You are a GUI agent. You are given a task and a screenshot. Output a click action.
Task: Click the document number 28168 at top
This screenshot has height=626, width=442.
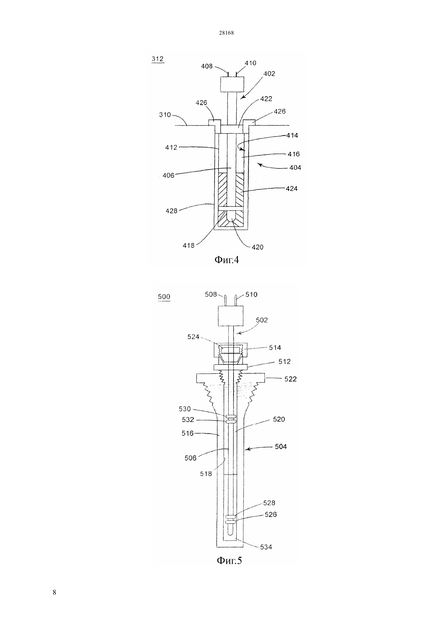click(226, 33)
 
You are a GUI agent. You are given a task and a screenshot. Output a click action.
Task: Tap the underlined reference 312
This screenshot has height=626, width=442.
click(158, 59)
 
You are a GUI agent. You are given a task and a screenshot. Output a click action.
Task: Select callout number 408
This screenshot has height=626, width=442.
click(207, 66)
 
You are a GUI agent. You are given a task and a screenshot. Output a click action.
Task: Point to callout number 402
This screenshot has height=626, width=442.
click(269, 74)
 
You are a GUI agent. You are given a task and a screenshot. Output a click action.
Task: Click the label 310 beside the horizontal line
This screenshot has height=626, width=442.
click(165, 115)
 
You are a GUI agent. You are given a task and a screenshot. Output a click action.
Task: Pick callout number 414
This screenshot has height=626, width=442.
click(292, 135)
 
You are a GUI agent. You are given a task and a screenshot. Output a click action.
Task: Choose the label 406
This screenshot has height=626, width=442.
click(168, 175)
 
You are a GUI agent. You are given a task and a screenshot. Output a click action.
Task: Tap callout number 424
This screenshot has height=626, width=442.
click(292, 189)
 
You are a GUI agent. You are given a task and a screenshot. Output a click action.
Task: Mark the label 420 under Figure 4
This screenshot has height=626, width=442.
click(257, 247)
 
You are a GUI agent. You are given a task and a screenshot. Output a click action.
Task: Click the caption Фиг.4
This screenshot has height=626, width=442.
click(227, 260)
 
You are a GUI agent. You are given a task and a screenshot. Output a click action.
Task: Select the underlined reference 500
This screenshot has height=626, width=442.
click(164, 297)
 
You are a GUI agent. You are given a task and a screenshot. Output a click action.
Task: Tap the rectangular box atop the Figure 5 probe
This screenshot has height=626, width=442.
click(230, 316)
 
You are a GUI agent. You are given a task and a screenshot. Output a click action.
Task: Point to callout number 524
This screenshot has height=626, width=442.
click(193, 337)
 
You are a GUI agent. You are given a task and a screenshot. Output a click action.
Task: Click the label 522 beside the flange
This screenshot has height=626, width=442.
click(290, 379)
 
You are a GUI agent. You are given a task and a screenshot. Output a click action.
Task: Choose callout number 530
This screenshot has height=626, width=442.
click(185, 409)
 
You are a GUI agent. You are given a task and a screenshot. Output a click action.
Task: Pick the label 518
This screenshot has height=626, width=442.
click(206, 474)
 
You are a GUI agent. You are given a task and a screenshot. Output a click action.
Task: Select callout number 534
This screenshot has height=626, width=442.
click(266, 547)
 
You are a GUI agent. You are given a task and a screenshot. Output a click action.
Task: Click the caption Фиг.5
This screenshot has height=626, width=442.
click(229, 560)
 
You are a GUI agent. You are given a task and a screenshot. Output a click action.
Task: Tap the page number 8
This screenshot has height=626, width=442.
click(54, 593)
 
